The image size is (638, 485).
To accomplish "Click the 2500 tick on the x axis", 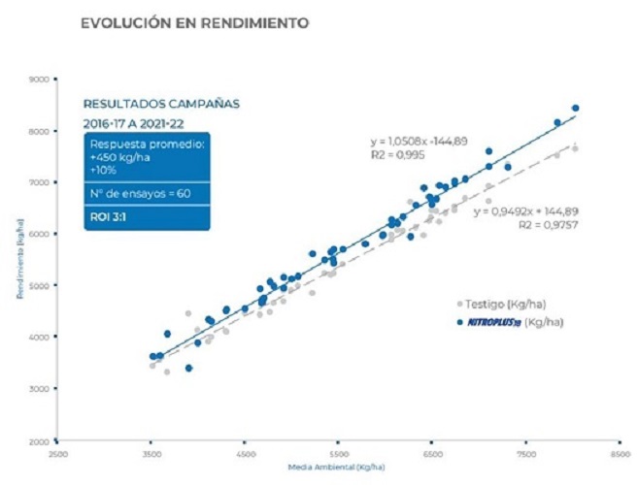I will [58, 453].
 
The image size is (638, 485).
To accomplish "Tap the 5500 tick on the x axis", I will [339, 453].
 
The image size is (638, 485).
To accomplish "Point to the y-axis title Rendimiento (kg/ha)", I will [20, 260].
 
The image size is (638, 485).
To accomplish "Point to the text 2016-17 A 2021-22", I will [134, 125].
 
